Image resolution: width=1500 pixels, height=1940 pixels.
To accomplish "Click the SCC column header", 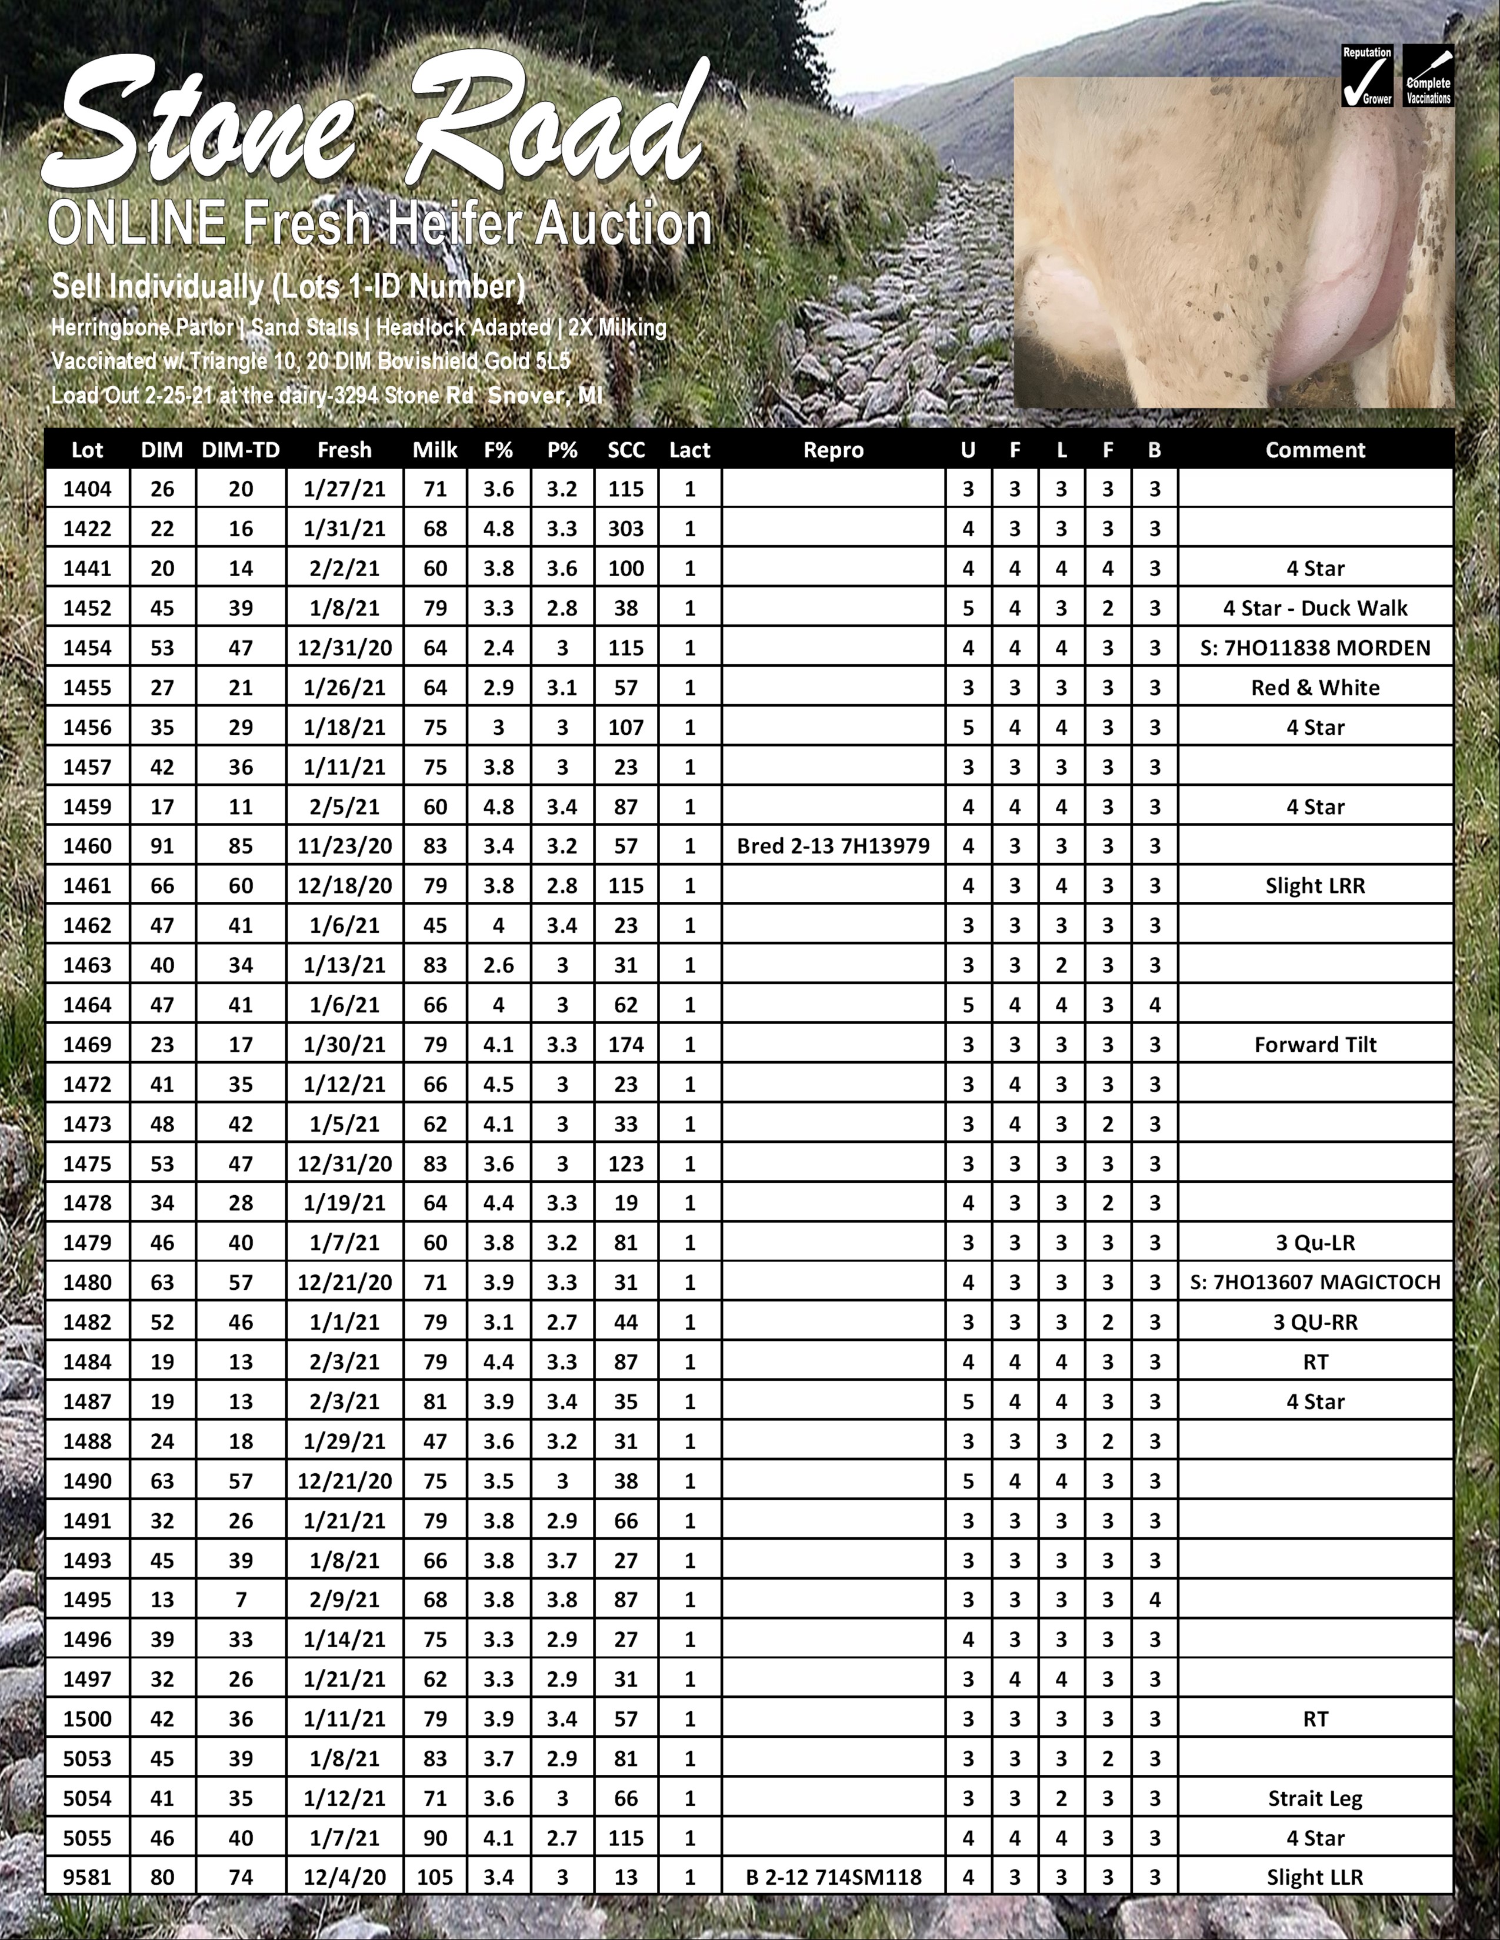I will click(626, 450).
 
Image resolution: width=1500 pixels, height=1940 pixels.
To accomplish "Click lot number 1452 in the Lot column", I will click(87, 608).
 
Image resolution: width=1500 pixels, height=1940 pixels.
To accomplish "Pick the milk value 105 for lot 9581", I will click(435, 1877).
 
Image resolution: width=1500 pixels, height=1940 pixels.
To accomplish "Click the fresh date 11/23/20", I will click(344, 845).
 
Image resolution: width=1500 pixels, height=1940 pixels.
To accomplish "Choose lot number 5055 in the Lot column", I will click(87, 1838).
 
